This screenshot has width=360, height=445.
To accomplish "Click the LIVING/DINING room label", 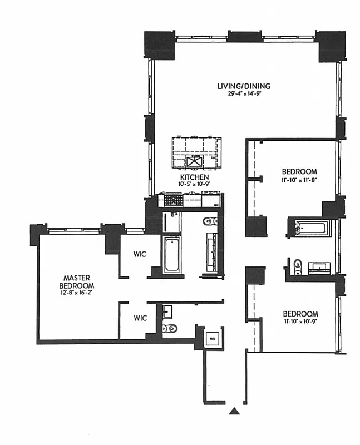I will [244, 86].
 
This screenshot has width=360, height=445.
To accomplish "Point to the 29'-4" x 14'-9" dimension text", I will [244, 94].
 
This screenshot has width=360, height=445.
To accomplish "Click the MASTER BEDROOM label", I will [77, 281].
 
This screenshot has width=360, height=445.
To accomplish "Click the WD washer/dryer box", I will [212, 338].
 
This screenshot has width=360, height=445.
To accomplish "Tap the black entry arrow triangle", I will [235, 411].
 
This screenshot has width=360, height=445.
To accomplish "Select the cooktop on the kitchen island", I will [194, 161].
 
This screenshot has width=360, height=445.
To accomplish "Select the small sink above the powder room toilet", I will [169, 309].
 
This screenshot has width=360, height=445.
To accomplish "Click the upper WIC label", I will [140, 254].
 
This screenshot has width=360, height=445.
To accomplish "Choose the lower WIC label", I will [140, 318].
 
